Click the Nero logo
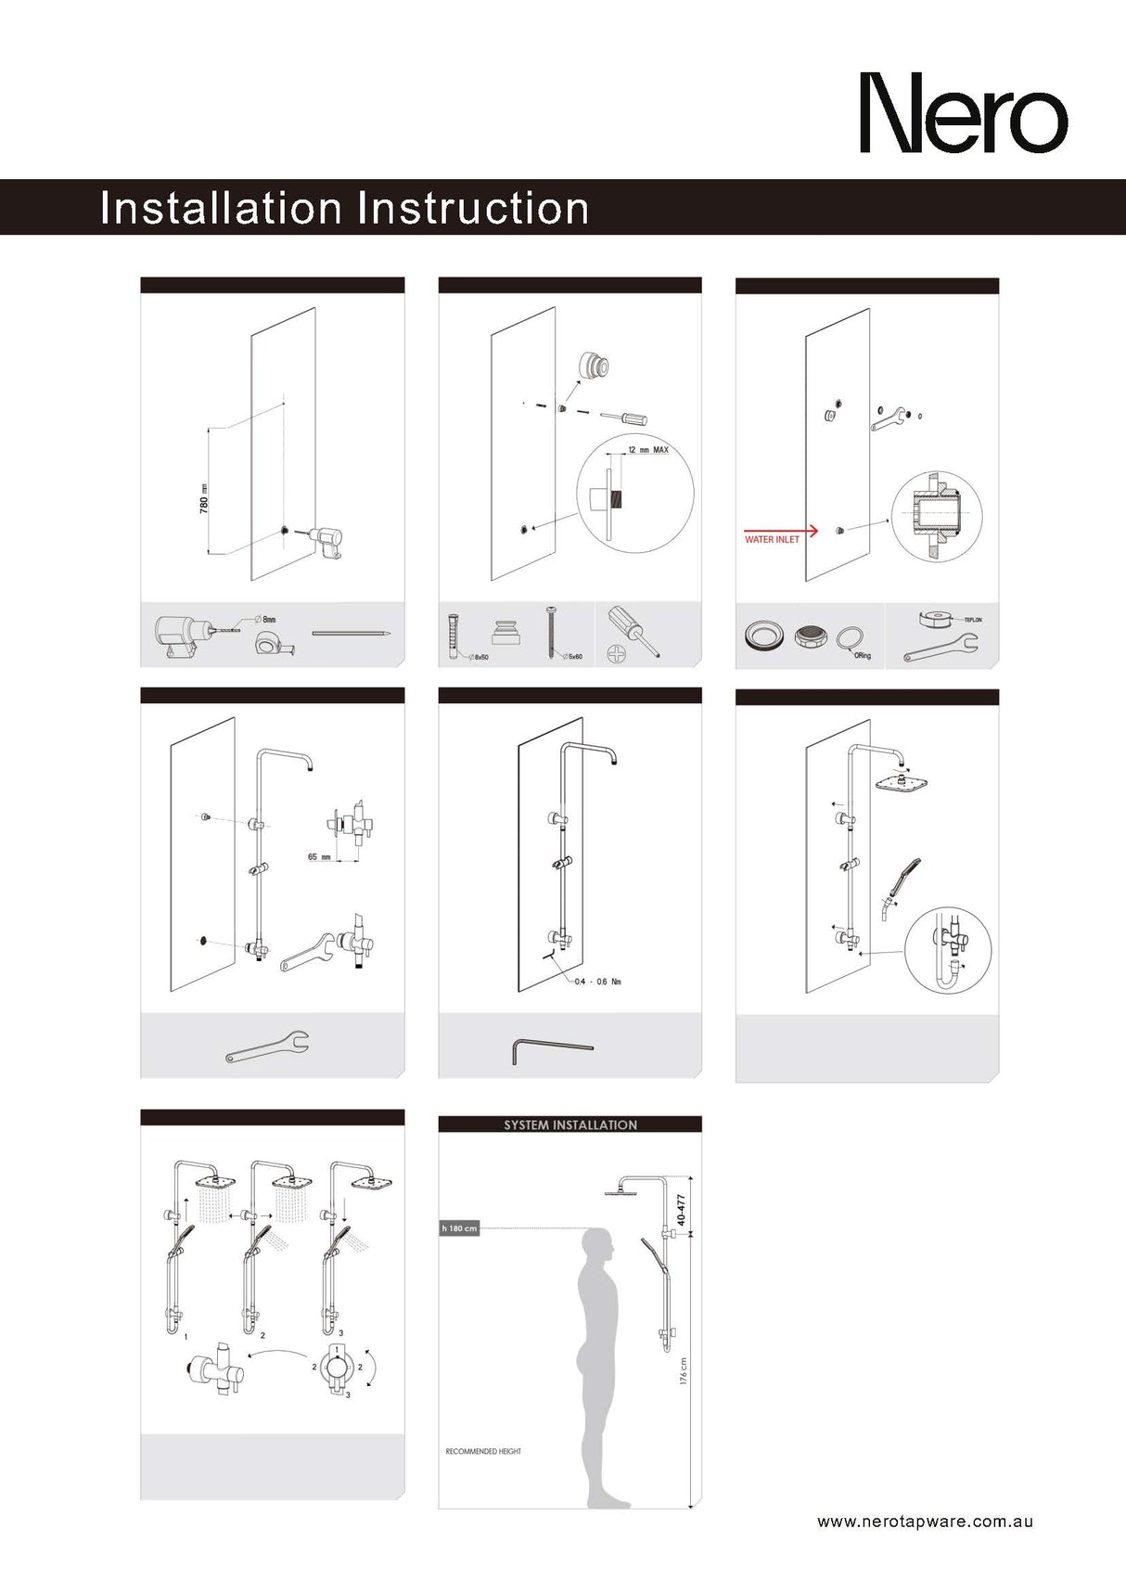[x=963, y=113]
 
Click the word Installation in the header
[x=221, y=208]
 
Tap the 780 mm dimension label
[x=204, y=498]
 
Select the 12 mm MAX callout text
[x=647, y=450]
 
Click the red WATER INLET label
[x=772, y=539]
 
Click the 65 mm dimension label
[x=319, y=857]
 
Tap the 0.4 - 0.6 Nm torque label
[x=597, y=982]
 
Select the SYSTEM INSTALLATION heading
[x=570, y=1124]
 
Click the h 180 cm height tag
[x=459, y=1228]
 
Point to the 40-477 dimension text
[x=682, y=1210]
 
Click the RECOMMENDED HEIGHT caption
[x=483, y=1451]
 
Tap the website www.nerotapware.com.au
[x=925, y=1522]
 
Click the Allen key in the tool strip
[x=551, y=1049]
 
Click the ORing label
[x=863, y=656]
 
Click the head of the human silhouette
[x=599, y=1245]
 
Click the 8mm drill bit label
[x=268, y=619]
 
